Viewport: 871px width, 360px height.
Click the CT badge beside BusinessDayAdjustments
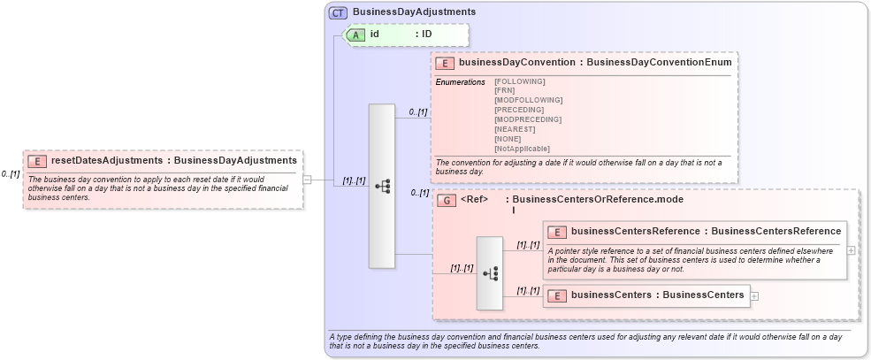[x=338, y=12]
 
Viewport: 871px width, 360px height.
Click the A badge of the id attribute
[x=356, y=34]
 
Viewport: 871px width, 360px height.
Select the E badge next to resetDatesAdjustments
[x=37, y=161]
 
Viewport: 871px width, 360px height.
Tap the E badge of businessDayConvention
[x=445, y=63]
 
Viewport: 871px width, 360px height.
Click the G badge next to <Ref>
[x=447, y=200]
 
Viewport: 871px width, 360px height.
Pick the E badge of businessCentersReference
[x=557, y=232]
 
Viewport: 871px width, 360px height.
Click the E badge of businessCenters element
[x=557, y=295]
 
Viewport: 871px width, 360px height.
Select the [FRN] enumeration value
[x=504, y=90]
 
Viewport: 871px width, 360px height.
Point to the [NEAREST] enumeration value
[x=516, y=129]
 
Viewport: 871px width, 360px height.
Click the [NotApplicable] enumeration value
[x=522, y=149]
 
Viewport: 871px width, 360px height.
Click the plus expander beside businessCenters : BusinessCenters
[x=754, y=295]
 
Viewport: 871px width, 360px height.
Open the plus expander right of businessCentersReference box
[x=852, y=250]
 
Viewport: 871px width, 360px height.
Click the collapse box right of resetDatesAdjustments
[x=307, y=180]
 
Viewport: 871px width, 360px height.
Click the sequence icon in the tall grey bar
[x=382, y=186]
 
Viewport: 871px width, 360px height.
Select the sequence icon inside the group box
[x=490, y=273]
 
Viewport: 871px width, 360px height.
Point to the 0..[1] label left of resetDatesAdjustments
[x=11, y=174]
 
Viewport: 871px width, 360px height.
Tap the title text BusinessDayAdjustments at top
[x=414, y=12]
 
